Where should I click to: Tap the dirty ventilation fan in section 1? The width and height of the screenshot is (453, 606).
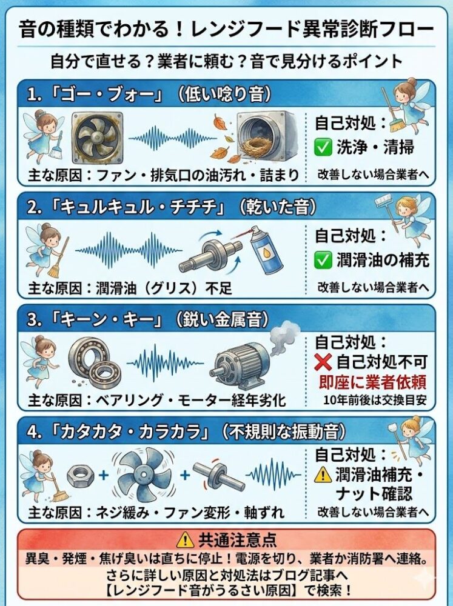(98, 138)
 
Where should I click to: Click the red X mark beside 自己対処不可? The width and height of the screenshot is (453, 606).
(323, 362)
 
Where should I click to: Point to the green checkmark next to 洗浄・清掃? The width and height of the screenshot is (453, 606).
(323, 147)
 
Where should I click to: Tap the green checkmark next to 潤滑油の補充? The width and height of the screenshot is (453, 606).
(323, 260)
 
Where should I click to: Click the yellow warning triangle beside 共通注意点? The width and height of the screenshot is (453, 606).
(185, 539)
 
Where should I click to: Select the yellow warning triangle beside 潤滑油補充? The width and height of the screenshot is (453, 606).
(323, 474)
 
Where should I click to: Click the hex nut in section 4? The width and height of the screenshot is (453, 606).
(81, 476)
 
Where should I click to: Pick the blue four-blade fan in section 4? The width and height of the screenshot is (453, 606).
(144, 474)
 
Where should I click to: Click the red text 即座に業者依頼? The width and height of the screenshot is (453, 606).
(372, 382)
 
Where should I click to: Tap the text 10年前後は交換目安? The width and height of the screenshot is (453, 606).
(375, 400)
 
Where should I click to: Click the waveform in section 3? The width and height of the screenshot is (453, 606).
(165, 363)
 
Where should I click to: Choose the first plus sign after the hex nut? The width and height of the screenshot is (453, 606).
(104, 474)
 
